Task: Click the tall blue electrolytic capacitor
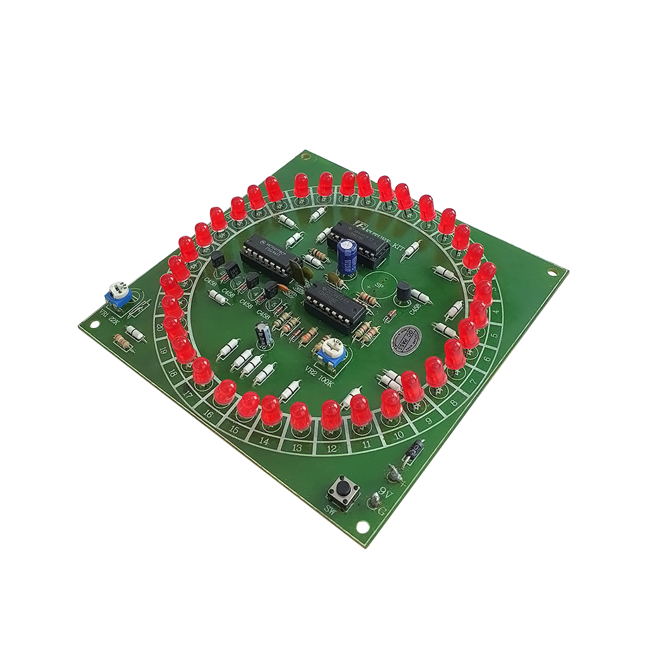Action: click(348, 254)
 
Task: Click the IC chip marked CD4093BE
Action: click(333, 305)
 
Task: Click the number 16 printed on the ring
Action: click(211, 416)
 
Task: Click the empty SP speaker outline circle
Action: click(377, 287)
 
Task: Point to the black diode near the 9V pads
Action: click(414, 450)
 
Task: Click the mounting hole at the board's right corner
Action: click(553, 273)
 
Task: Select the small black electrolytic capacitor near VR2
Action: click(263, 335)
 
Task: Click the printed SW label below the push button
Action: click(330, 508)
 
